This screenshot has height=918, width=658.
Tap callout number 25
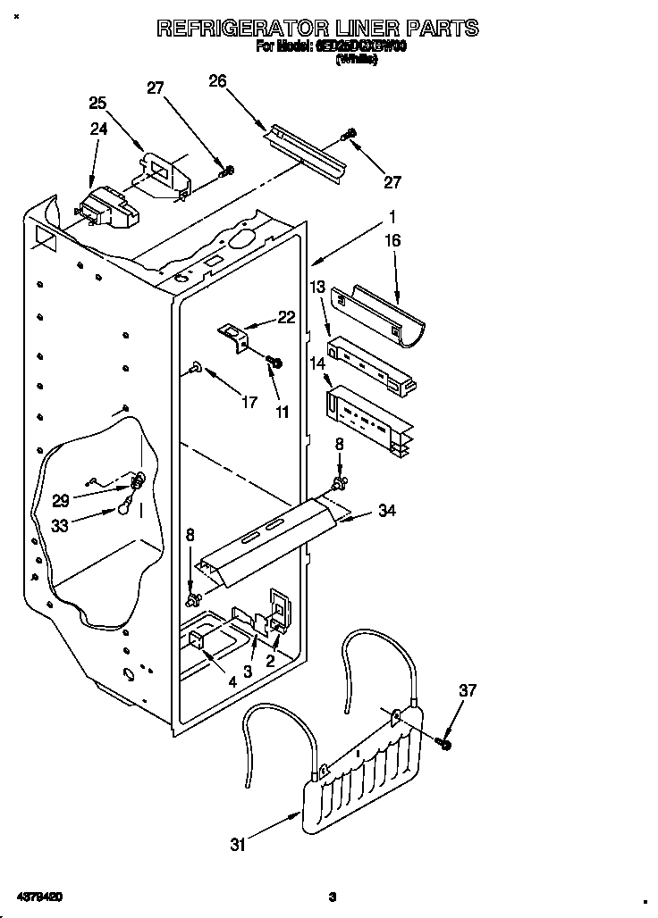98,103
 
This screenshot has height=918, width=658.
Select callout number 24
98,129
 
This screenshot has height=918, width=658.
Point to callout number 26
217,81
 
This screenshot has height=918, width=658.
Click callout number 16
392,240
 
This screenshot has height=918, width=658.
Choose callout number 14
317,363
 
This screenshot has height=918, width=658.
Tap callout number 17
249,402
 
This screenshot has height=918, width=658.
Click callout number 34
386,511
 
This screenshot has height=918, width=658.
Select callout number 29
61,501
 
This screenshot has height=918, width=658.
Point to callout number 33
61,526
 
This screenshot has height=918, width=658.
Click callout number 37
468,690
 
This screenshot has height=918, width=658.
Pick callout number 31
238,845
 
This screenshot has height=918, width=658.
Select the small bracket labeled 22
234,336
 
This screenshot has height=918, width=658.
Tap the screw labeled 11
274,362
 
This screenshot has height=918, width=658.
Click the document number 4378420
38,896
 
